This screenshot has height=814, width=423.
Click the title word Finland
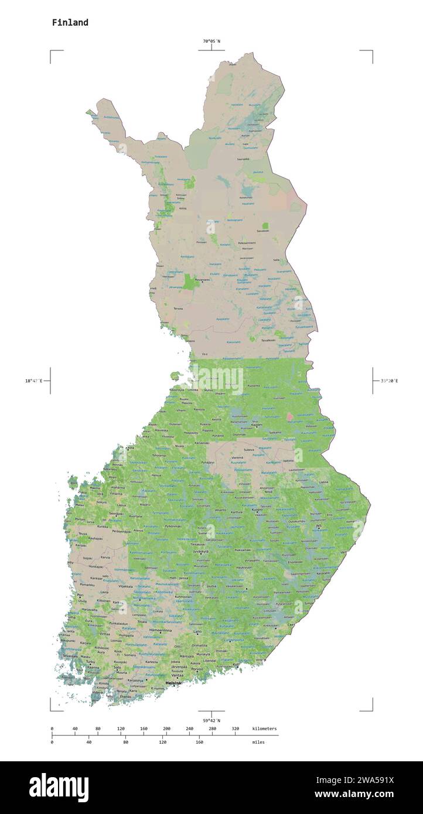pyautogui.click(x=70, y=23)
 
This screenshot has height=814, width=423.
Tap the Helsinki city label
pyautogui.click(x=174, y=683)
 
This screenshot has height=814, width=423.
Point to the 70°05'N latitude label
pyautogui.click(x=211, y=41)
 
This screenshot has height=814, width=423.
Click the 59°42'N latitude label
pyautogui.click(x=211, y=720)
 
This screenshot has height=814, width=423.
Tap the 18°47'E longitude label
pyautogui.click(x=34, y=381)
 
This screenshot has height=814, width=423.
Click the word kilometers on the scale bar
pyautogui.click(x=264, y=729)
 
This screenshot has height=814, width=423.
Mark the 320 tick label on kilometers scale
pyautogui.click(x=235, y=729)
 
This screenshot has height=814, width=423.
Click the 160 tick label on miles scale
pyautogui.click(x=199, y=742)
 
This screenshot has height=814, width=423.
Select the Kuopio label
pyautogui.click(x=257, y=509)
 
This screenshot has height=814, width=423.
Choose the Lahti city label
pyautogui.click(x=198, y=631)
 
